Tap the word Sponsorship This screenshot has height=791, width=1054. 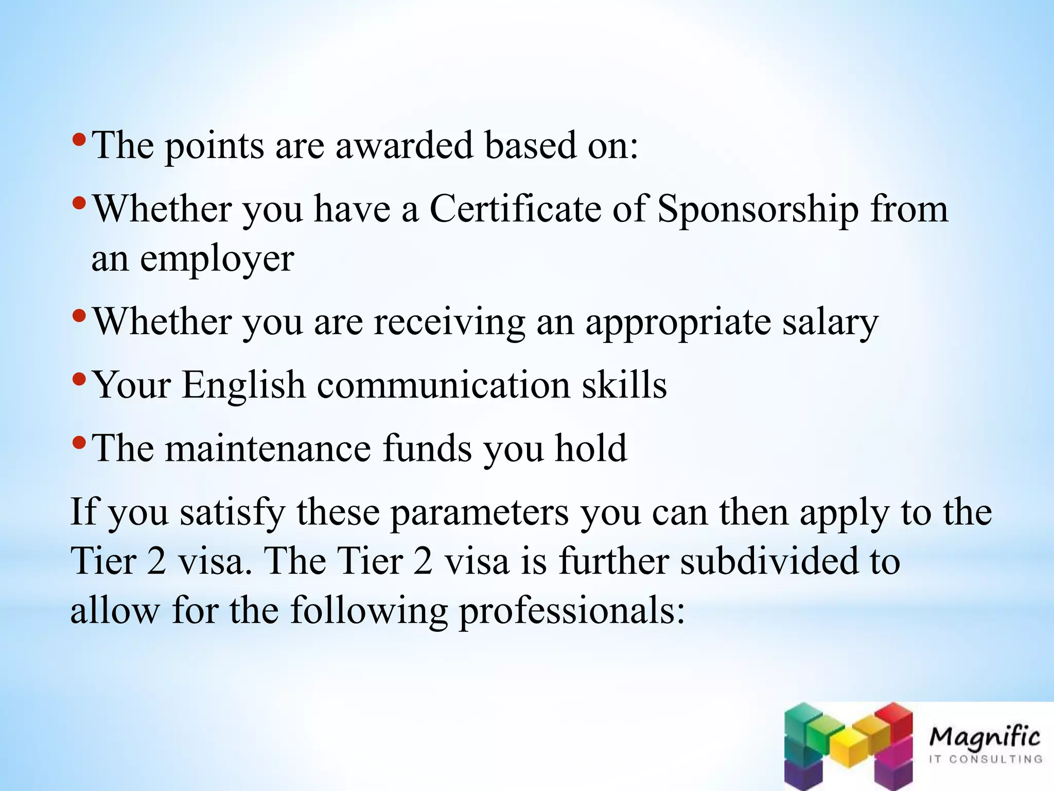coord(758,210)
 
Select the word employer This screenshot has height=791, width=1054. coord(217,259)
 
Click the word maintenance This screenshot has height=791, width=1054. coord(268,448)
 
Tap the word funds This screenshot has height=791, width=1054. coord(427,448)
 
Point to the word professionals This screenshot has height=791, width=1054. coord(572,611)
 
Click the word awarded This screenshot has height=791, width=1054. coord(404,145)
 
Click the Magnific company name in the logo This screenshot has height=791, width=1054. coord(985,737)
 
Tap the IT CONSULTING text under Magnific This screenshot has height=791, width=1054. coord(985,759)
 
